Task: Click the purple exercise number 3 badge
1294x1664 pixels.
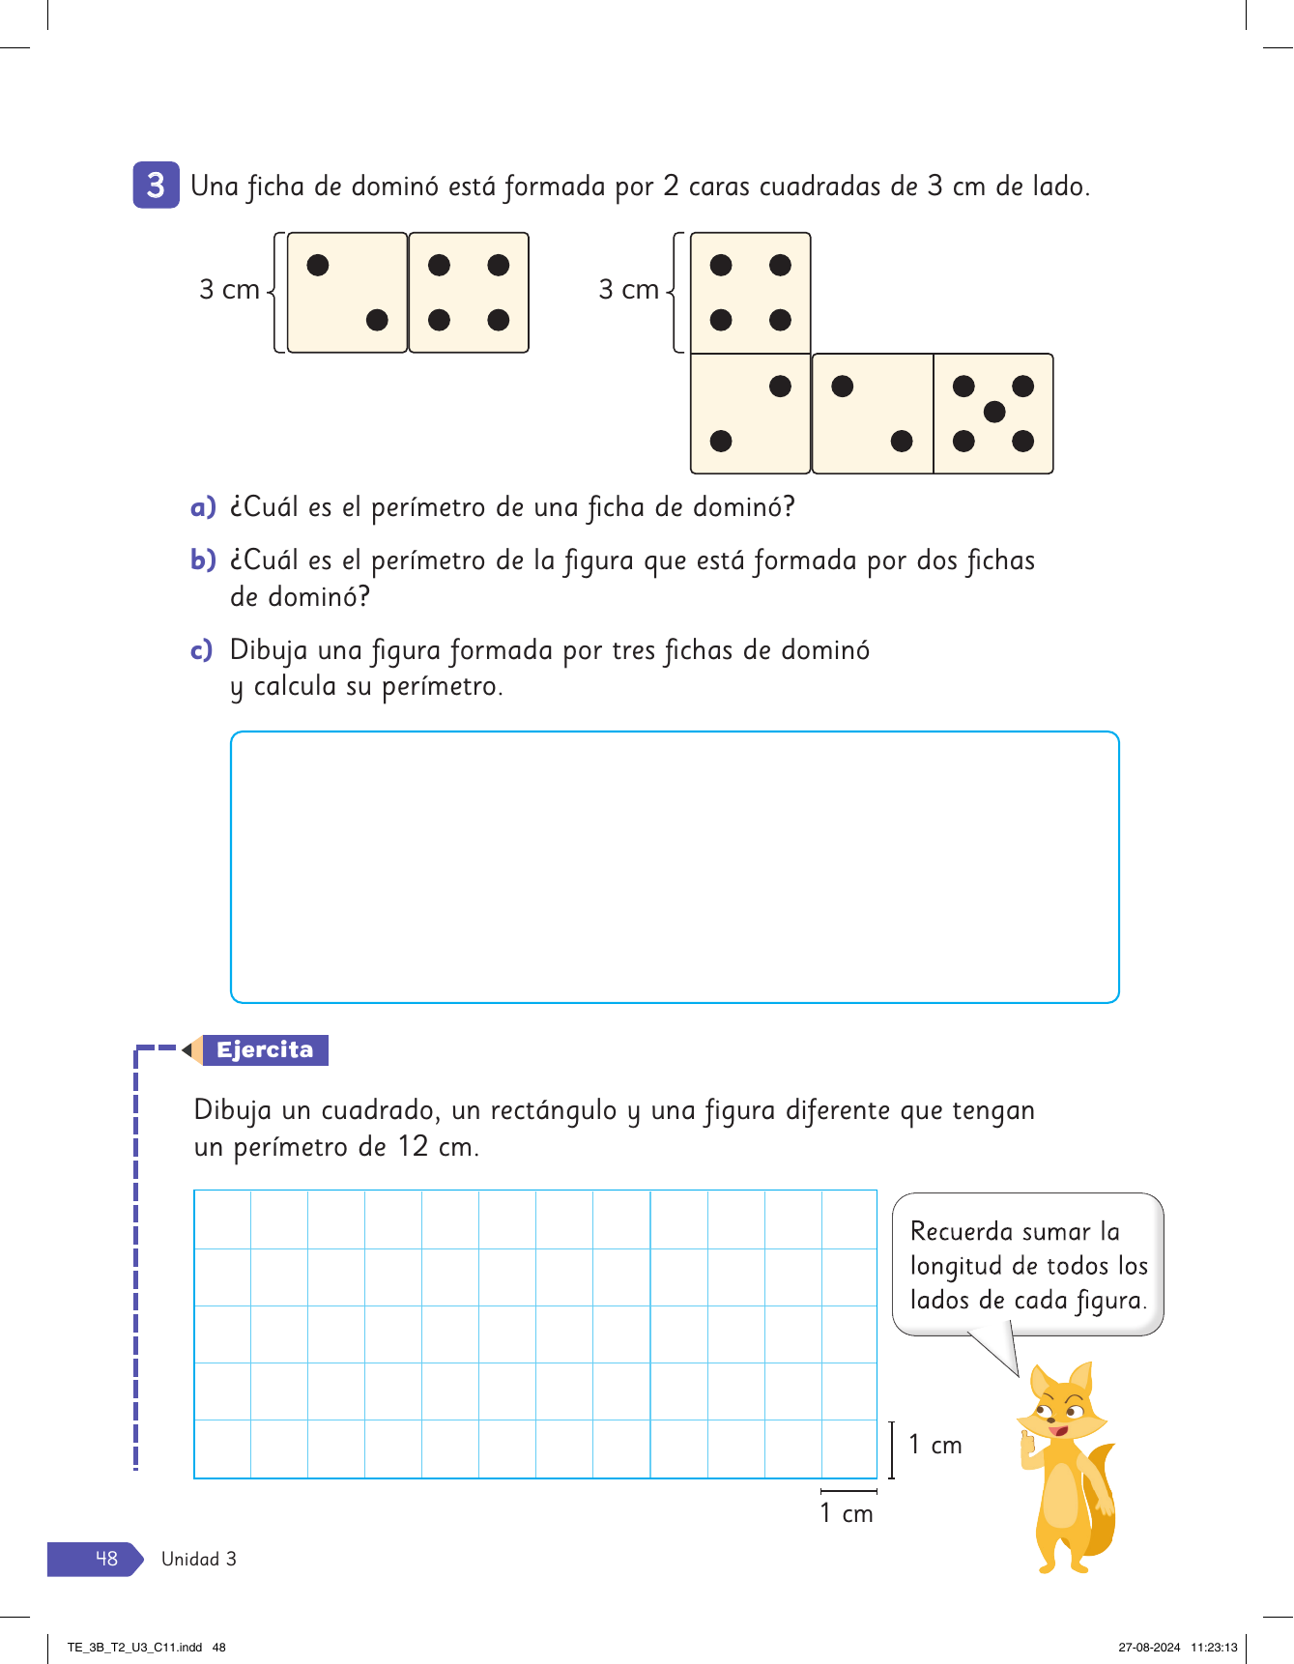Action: (156, 185)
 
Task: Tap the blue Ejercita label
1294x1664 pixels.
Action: (265, 1050)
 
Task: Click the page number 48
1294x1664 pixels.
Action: (106, 1559)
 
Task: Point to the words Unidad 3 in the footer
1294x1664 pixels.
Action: (198, 1559)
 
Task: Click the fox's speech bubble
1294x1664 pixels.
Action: (1027, 1265)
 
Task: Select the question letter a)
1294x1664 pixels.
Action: (202, 507)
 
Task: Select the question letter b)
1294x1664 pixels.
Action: (202, 560)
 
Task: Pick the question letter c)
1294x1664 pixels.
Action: (201, 650)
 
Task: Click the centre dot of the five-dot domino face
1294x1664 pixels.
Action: (993, 413)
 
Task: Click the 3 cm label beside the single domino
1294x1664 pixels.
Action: (229, 290)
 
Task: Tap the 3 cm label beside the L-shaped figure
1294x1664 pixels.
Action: (628, 290)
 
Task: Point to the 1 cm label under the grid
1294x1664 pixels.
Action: (846, 1513)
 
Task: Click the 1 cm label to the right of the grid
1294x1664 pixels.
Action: (935, 1445)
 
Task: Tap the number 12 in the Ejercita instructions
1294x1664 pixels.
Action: (413, 1147)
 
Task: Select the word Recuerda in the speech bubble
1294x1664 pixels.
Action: (961, 1232)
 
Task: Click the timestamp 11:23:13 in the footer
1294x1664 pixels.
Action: (1214, 1648)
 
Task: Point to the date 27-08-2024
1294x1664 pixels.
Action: (1149, 1648)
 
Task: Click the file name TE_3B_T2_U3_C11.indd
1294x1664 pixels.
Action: (134, 1648)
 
